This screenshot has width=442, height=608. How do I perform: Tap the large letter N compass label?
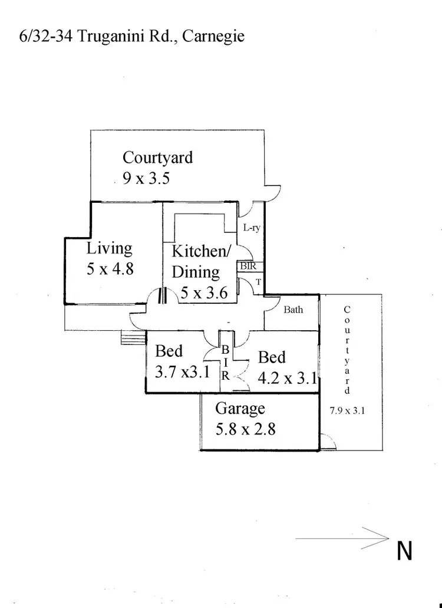404,551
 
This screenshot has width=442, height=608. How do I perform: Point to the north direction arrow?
342,537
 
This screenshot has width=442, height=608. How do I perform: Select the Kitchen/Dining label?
200,261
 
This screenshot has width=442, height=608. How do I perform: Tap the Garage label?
240,408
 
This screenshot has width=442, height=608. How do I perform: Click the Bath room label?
293,309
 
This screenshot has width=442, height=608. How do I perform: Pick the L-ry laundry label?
252,228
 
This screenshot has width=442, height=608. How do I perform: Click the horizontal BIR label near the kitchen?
247,266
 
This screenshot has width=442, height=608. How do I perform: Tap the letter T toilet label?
258,282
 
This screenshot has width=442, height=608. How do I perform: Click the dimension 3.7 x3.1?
182,372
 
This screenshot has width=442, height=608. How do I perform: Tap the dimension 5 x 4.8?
110,269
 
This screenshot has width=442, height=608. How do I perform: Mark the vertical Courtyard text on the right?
347,350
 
